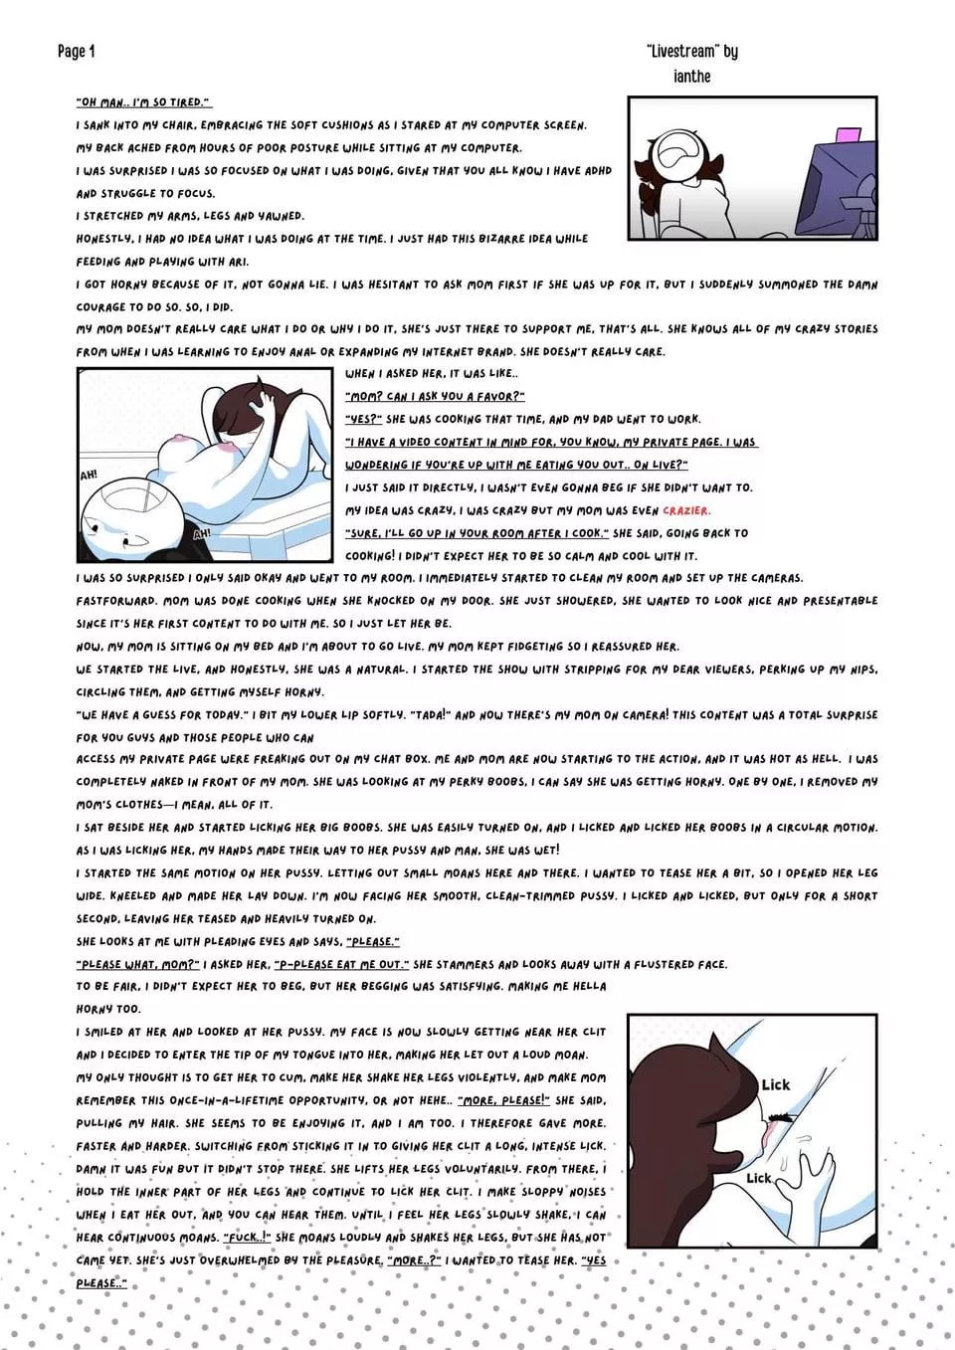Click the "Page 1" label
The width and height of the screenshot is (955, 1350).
76,52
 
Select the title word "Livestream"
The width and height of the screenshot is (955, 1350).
681,52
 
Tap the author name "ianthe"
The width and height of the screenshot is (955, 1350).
691,77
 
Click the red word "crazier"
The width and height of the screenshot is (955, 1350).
686,511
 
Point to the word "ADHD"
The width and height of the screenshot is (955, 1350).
598,171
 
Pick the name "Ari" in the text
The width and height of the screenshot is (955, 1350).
238,262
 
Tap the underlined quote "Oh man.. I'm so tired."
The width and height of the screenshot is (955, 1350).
143,102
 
